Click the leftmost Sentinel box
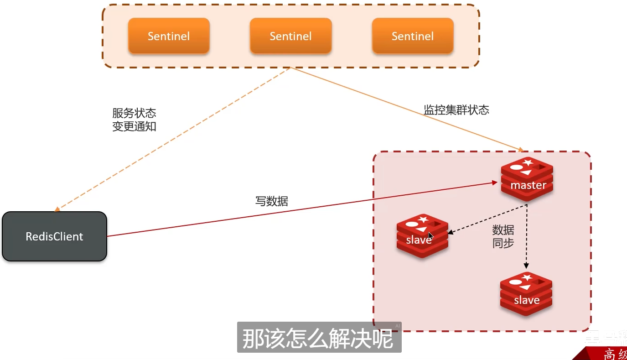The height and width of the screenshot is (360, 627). (x=169, y=36)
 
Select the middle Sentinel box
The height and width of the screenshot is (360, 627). (x=290, y=36)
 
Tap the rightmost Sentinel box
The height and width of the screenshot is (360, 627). (x=413, y=36)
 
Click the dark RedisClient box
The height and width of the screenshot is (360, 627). (x=54, y=236)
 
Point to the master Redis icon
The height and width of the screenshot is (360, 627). (x=527, y=178)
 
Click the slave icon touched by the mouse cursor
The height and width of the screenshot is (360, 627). (x=422, y=235)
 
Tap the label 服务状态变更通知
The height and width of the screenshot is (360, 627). (x=134, y=120)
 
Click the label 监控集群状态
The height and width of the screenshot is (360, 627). (x=456, y=110)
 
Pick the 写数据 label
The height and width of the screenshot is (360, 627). (x=272, y=201)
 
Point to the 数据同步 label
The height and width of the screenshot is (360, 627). (x=503, y=236)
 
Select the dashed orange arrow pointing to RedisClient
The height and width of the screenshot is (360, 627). (x=173, y=139)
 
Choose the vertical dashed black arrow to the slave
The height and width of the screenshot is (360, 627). (x=527, y=237)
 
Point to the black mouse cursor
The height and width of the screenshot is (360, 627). (x=430, y=235)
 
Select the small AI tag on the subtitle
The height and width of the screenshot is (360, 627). (x=397, y=326)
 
